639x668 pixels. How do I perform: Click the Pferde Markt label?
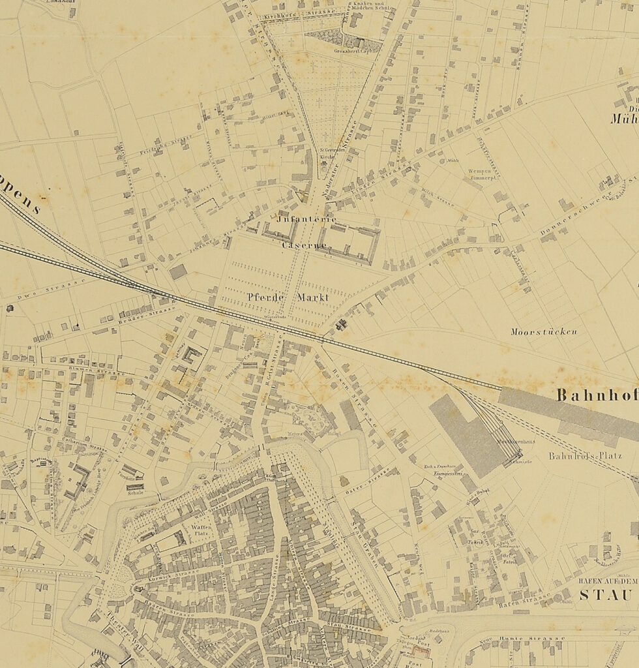point(288,297)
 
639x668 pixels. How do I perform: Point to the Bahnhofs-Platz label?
point(585,455)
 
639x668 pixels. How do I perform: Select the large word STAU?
point(606,595)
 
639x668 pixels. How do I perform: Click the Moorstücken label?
point(545,331)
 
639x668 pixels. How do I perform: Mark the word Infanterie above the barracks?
point(307,220)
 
